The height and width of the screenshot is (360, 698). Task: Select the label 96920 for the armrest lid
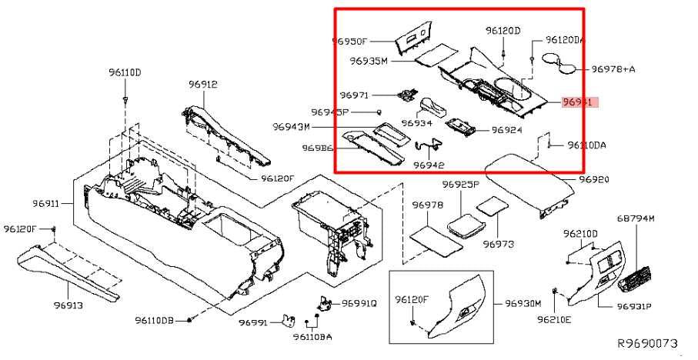click(593, 179)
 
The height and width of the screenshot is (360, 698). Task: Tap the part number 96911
click(46, 204)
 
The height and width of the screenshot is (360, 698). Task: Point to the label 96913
click(68, 305)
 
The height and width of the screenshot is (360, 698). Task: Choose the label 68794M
click(636, 218)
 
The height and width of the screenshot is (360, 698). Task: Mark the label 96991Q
click(359, 303)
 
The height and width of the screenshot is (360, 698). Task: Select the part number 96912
click(204, 84)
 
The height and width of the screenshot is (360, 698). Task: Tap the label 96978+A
click(613, 69)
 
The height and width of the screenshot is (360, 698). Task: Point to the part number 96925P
click(460, 185)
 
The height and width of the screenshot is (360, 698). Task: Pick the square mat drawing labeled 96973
click(489, 207)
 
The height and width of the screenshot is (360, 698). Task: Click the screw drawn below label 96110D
click(125, 101)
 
